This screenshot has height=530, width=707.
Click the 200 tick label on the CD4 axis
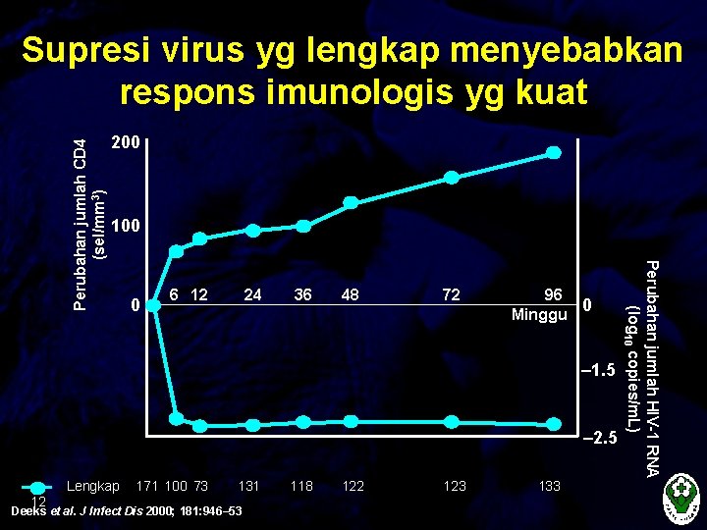point(126,143)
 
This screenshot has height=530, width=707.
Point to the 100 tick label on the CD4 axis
point(126,227)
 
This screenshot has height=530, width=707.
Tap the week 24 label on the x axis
point(252,294)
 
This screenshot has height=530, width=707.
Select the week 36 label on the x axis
point(302,294)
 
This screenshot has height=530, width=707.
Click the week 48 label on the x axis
point(351,294)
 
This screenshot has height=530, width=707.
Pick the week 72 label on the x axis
point(452,294)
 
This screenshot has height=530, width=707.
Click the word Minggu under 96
point(539,316)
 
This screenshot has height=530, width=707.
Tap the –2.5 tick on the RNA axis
point(599,438)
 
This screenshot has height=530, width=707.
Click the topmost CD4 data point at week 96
point(554,152)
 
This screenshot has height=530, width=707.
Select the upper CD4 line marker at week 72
point(452,178)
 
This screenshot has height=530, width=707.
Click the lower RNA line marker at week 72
point(452,422)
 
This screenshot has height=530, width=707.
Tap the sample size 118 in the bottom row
point(301,486)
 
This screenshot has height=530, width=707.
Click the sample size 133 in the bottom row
point(550,486)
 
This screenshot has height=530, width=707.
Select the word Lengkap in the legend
point(92,486)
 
